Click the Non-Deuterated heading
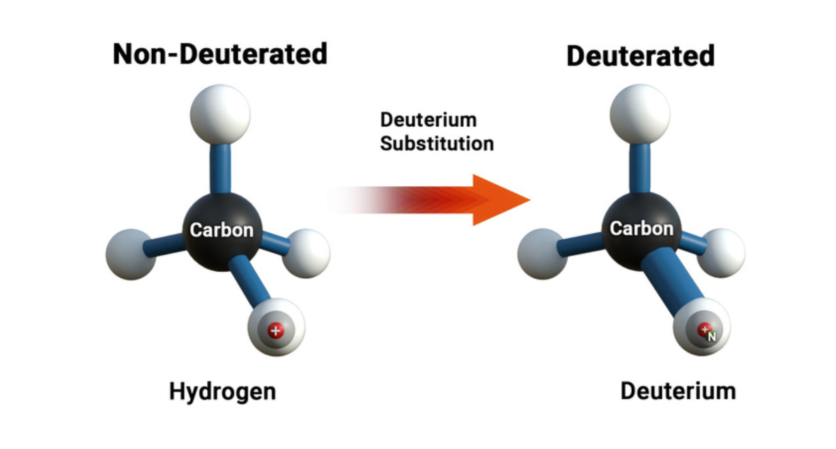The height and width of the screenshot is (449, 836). [x=220, y=54]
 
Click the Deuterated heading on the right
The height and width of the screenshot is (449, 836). [x=640, y=56]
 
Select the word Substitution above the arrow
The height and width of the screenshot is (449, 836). [x=437, y=144]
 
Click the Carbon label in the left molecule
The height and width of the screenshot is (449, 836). [x=222, y=230]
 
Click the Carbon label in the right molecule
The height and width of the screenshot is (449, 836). [x=642, y=229]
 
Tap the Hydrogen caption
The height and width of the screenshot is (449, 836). [x=222, y=392]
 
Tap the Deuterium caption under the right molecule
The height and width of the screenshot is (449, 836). [x=678, y=391]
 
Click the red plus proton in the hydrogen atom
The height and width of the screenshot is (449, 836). [x=276, y=330]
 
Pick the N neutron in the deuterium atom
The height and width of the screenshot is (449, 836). [x=712, y=337]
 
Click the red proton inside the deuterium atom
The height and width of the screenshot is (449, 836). [x=704, y=329]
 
